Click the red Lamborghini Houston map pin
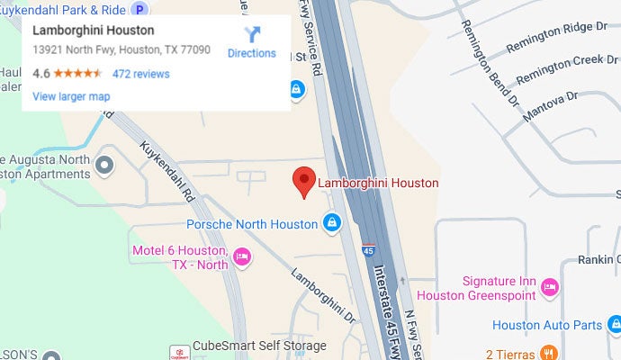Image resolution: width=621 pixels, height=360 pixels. [x=304, y=181]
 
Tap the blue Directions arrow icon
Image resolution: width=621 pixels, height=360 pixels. [x=252, y=34]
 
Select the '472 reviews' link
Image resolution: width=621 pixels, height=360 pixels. [x=140, y=74]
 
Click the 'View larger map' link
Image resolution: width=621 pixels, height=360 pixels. [x=71, y=95]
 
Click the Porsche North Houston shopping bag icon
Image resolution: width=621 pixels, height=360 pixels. [x=332, y=221]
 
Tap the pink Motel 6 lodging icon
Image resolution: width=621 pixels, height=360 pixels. [x=240, y=257]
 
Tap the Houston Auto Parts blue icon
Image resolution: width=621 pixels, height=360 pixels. [x=609, y=324]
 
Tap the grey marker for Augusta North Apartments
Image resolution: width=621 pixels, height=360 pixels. [x=105, y=165]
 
